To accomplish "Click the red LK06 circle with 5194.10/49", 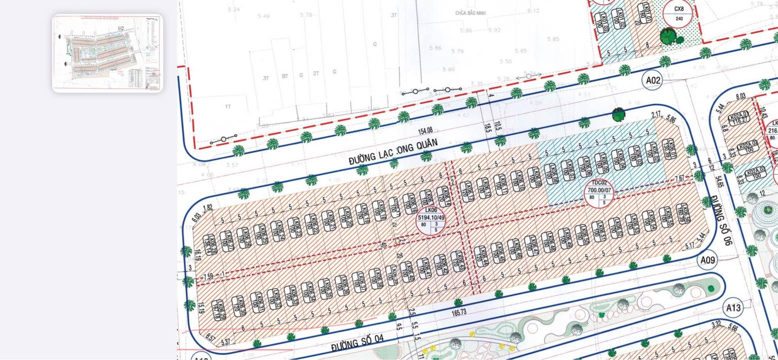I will click(431, 220).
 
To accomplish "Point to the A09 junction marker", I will click(708, 260).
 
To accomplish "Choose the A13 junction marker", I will click(734, 307).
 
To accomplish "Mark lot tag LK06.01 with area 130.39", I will click(668, 149).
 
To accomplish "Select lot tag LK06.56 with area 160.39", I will click(683, 213).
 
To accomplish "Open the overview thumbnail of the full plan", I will click(107, 52).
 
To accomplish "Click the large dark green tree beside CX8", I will click(668, 36).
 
